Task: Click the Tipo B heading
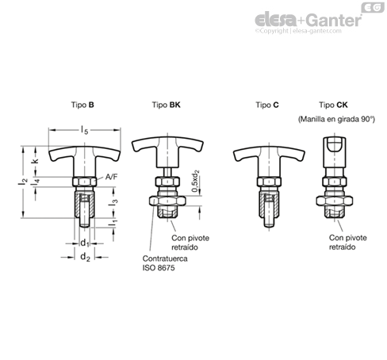pyautogui.click(x=82, y=105)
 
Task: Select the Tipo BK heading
pyautogui.click(x=166, y=105)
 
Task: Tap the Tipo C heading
pyautogui.click(x=267, y=105)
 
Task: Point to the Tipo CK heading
pyautogui.click(x=333, y=105)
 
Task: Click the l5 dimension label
pyautogui.click(x=84, y=130)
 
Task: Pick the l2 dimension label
pyautogui.click(x=23, y=181)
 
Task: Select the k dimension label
pyautogui.click(x=35, y=160)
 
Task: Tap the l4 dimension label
pyautogui.click(x=35, y=182)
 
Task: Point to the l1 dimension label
pyautogui.click(x=113, y=223)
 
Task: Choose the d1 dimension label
pyautogui.click(x=85, y=243)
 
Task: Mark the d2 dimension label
pyautogui.click(x=85, y=257)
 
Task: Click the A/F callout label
pyautogui.click(x=111, y=177)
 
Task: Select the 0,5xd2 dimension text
pyautogui.click(x=195, y=181)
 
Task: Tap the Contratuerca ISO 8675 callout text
pyautogui.click(x=165, y=263)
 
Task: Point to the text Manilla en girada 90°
pyautogui.click(x=336, y=119)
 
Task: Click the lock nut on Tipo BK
pyautogui.click(x=167, y=201)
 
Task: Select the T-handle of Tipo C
pyautogui.click(x=269, y=161)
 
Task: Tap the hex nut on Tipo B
pyautogui.click(x=84, y=182)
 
